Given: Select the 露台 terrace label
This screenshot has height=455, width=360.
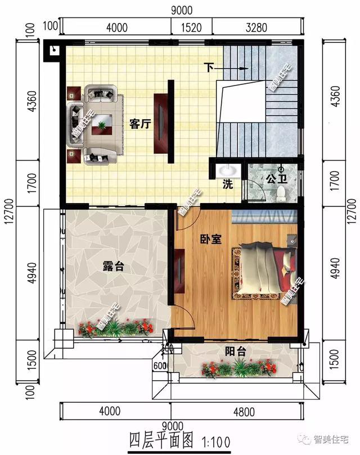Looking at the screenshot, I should (114, 267).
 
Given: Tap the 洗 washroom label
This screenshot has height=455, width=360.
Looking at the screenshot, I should (227, 184).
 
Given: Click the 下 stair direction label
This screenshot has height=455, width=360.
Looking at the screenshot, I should (209, 68).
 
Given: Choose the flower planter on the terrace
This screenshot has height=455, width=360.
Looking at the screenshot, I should (116, 328).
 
